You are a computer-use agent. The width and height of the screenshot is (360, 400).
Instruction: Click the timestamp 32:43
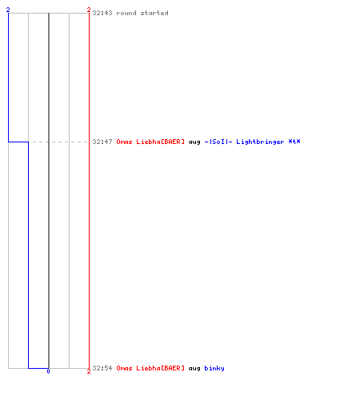[x=102, y=13]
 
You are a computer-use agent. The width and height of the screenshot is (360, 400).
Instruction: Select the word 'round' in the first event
[x=126, y=13]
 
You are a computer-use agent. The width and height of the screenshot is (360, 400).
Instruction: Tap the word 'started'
[x=154, y=13]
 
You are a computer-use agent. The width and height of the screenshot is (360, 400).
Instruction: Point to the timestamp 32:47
[x=102, y=142]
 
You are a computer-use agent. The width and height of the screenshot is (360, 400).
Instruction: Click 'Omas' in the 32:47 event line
[x=124, y=142]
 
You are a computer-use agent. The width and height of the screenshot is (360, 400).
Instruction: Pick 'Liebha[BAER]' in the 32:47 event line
[x=160, y=142]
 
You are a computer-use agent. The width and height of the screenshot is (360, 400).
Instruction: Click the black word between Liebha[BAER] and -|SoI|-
[x=194, y=142]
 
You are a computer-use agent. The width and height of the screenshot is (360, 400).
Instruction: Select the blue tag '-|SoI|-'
[x=218, y=142]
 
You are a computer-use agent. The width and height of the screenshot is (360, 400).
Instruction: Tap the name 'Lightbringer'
[x=260, y=142]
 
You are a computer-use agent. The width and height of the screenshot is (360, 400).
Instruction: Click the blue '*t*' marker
[x=294, y=142]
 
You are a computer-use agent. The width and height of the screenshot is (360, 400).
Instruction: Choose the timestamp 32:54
[x=102, y=368]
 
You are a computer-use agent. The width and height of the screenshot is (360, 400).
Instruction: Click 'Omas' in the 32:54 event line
[x=124, y=368]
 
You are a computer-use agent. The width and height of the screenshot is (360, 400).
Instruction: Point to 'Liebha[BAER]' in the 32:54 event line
[x=160, y=368]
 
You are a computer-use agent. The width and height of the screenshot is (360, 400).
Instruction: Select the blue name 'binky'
[x=214, y=368]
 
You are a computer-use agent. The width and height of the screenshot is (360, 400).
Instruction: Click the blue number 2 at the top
[x=8, y=10]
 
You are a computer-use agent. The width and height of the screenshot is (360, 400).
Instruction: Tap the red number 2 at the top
[x=89, y=10]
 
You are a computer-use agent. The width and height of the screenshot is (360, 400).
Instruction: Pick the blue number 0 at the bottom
[x=48, y=371]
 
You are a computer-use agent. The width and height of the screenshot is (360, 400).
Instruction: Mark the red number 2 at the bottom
[x=89, y=371]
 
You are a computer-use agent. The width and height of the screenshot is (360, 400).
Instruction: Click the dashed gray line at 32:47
[x=58, y=142]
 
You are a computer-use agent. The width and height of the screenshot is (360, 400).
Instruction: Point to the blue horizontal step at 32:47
[x=18, y=142]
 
